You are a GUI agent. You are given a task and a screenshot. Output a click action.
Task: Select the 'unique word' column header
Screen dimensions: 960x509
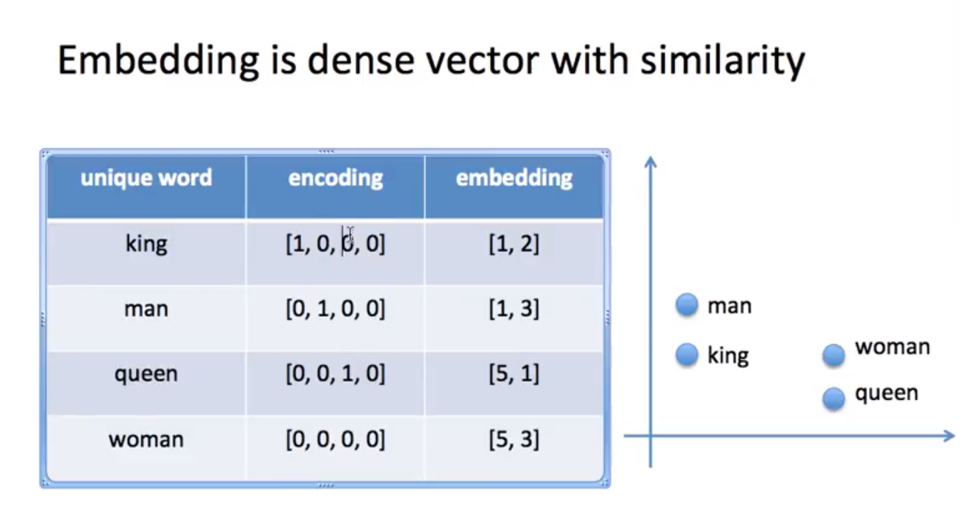(x=146, y=178)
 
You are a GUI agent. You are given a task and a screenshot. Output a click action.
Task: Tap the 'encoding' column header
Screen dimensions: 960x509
(x=336, y=178)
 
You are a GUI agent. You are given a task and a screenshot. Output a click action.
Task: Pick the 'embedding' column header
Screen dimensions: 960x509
(x=514, y=178)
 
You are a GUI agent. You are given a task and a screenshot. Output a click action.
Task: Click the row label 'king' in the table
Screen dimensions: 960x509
(x=146, y=244)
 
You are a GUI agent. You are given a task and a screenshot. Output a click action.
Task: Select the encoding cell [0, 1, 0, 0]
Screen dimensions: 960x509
(x=336, y=309)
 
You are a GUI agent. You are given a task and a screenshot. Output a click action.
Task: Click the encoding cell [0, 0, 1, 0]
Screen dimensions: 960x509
(x=336, y=374)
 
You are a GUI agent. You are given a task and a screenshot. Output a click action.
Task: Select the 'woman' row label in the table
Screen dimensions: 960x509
(x=146, y=439)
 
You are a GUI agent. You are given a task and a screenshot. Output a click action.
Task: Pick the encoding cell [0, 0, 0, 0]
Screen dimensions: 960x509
(x=336, y=439)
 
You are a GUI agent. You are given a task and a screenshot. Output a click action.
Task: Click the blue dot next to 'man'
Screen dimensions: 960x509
(x=687, y=306)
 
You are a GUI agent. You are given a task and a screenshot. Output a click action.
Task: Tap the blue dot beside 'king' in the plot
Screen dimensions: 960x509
(x=687, y=356)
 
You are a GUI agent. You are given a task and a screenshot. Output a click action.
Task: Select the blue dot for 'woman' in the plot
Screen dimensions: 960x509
(x=834, y=356)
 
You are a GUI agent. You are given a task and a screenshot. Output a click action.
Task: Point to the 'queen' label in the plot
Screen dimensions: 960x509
(x=886, y=393)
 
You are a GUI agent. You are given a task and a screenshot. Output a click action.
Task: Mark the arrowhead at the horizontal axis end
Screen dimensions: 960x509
(x=948, y=435)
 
